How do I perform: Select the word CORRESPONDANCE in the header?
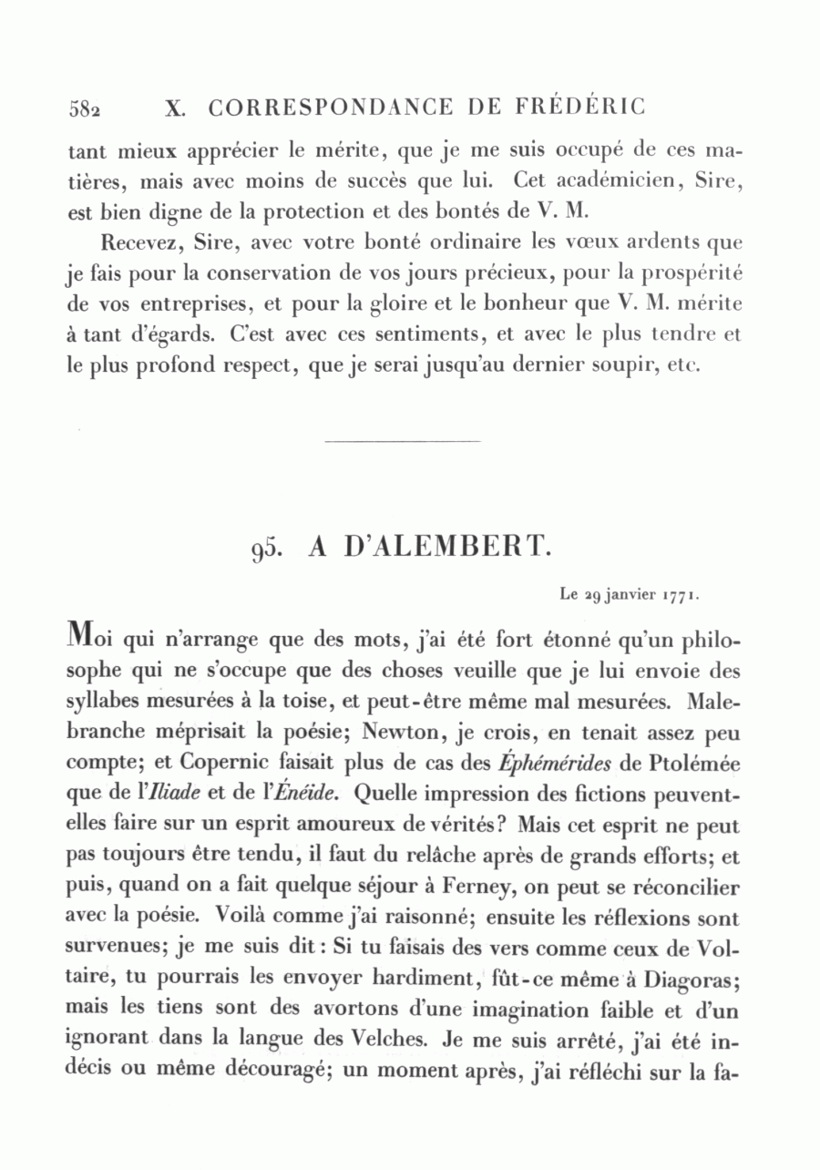click(330, 108)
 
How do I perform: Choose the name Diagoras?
click(685, 980)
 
